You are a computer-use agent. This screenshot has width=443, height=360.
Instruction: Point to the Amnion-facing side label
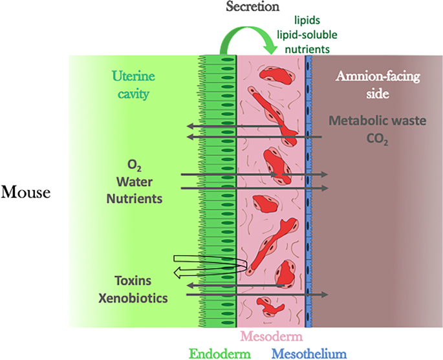tap(378, 84)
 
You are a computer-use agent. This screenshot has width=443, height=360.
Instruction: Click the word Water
tap(135, 180)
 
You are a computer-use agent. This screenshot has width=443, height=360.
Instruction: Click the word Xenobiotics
tap(135, 299)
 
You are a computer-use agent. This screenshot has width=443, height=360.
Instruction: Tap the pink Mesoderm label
tap(270, 336)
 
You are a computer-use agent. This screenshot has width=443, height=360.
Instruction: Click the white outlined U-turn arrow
tap(207, 267)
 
